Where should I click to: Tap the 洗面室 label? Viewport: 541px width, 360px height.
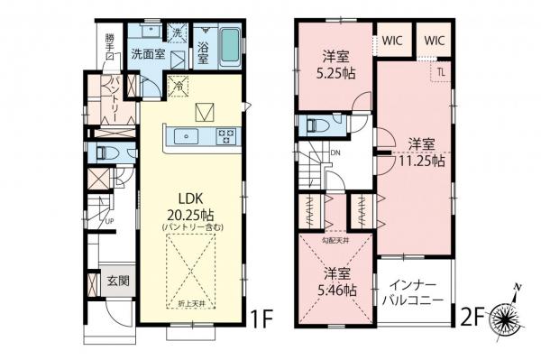point(147,53)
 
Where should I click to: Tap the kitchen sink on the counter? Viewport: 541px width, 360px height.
point(188,136)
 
